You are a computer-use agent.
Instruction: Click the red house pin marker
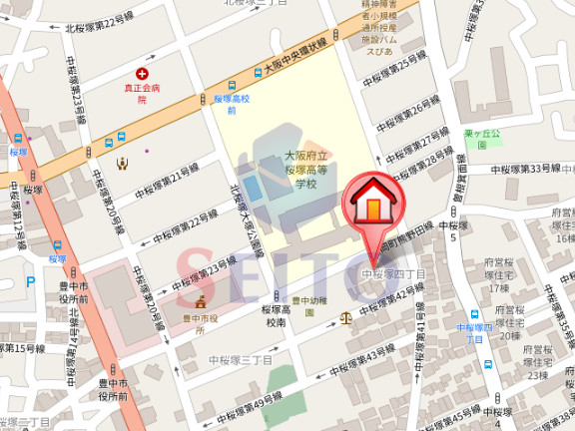tap(370, 204)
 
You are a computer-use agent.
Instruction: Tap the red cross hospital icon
tap(142, 75)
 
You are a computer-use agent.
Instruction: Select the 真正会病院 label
tap(142, 93)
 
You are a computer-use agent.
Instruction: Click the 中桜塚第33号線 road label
tap(530, 169)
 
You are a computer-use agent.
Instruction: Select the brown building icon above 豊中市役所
tap(200, 301)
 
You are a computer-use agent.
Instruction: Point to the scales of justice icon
tap(346, 319)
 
